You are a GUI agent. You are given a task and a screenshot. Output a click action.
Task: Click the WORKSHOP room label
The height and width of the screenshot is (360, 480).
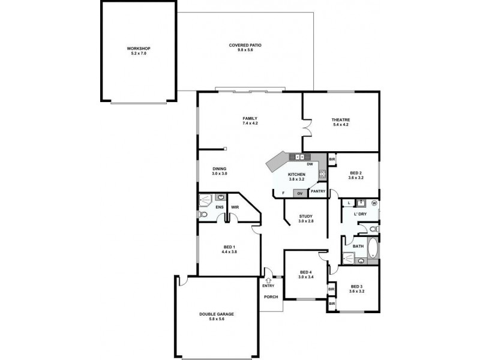tap(138, 48)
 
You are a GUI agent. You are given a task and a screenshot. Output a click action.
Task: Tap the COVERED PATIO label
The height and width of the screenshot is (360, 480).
tap(245, 45)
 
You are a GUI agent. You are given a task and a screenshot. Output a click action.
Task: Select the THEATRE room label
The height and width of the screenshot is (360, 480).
tap(341, 120)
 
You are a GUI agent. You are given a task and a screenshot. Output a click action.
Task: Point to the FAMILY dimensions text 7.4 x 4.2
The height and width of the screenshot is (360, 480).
tap(250, 123)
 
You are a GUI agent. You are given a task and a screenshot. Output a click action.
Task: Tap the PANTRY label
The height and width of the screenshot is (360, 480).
tap(318, 191)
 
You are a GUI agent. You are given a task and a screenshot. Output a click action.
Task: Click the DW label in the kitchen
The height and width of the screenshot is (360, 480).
tap(310, 164)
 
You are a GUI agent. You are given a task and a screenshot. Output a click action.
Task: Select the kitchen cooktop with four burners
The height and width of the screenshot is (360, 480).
tap(322, 175)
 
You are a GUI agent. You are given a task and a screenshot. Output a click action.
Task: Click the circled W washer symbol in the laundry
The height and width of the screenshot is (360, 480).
tap(374, 203)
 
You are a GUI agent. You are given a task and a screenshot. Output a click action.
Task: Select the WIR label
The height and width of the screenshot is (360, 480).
tap(235, 208)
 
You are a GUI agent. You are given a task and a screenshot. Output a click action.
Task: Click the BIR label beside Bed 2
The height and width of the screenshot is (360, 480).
tap(332, 159)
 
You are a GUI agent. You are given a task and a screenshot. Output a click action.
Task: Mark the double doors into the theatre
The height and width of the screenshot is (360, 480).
tap(308, 128)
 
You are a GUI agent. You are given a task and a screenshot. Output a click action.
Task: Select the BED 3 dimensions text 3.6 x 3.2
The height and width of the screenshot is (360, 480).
tap(357, 291)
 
